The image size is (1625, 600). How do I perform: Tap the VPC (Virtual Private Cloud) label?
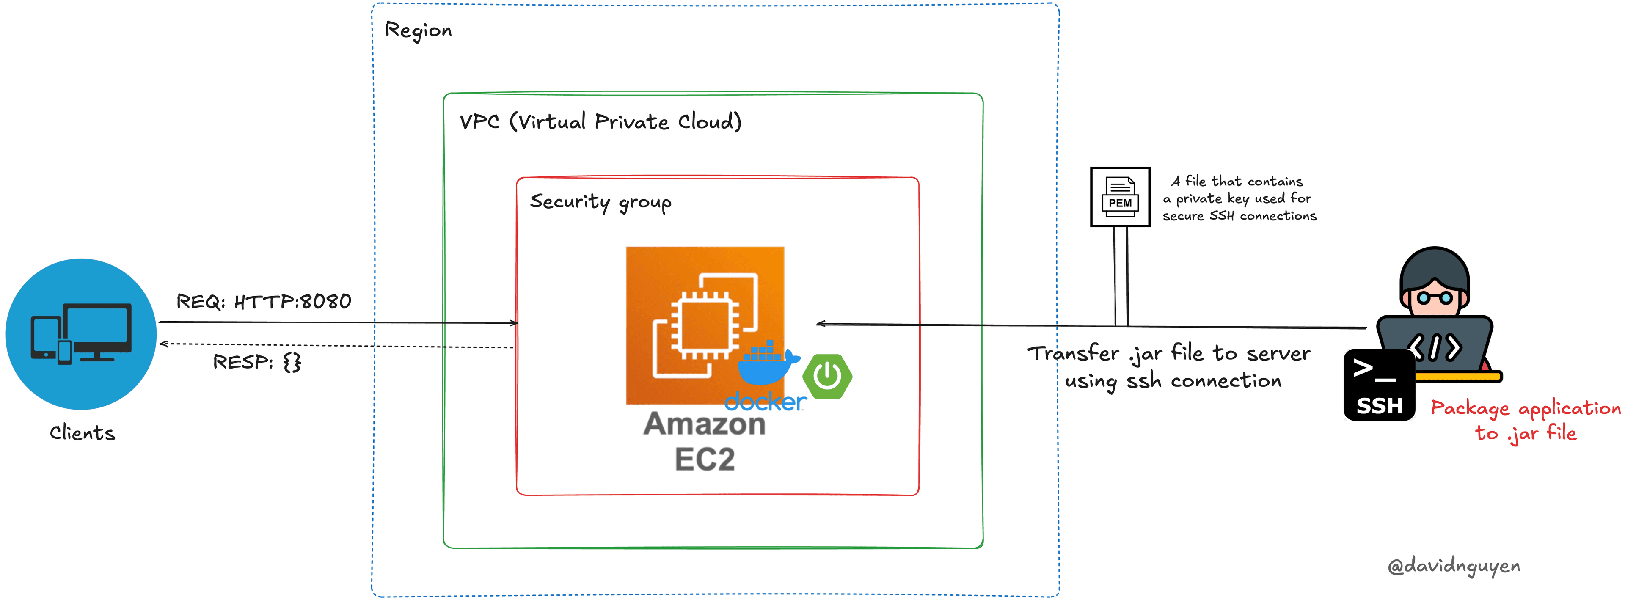600,121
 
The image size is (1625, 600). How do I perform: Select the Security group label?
600,202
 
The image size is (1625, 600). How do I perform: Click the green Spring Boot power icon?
827,377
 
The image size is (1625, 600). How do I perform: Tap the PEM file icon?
1120,197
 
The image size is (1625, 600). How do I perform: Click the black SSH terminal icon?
1379,385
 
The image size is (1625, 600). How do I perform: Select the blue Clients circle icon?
81,334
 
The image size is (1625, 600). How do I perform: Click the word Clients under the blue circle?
82,433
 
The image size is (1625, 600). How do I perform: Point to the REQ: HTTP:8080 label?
264,302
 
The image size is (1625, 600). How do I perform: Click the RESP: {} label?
257,362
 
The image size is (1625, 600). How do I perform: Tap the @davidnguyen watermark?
1454,566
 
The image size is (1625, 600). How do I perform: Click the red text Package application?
1525,408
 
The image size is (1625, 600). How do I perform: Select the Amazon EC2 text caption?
705,441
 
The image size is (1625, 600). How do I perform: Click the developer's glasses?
1435,297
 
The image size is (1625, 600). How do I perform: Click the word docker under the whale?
765,402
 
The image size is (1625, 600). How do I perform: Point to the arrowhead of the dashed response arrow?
163,344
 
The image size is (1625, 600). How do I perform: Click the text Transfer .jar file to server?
1168,353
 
